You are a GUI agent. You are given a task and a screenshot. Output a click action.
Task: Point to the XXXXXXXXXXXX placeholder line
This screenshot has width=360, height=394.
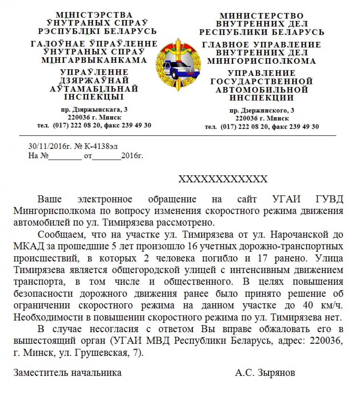[x=223, y=179]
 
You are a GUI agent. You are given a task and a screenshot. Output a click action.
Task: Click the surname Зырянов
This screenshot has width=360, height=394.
[x=276, y=373]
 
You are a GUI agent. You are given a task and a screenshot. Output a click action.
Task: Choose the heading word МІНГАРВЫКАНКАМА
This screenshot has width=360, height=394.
[x=94, y=60]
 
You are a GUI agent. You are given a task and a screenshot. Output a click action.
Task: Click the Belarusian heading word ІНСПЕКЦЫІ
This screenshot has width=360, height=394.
[x=94, y=97]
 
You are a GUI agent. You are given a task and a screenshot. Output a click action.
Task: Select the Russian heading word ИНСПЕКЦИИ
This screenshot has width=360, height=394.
[x=262, y=98]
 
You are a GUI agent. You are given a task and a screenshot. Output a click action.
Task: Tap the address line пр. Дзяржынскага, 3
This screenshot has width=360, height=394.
[x=94, y=109]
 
